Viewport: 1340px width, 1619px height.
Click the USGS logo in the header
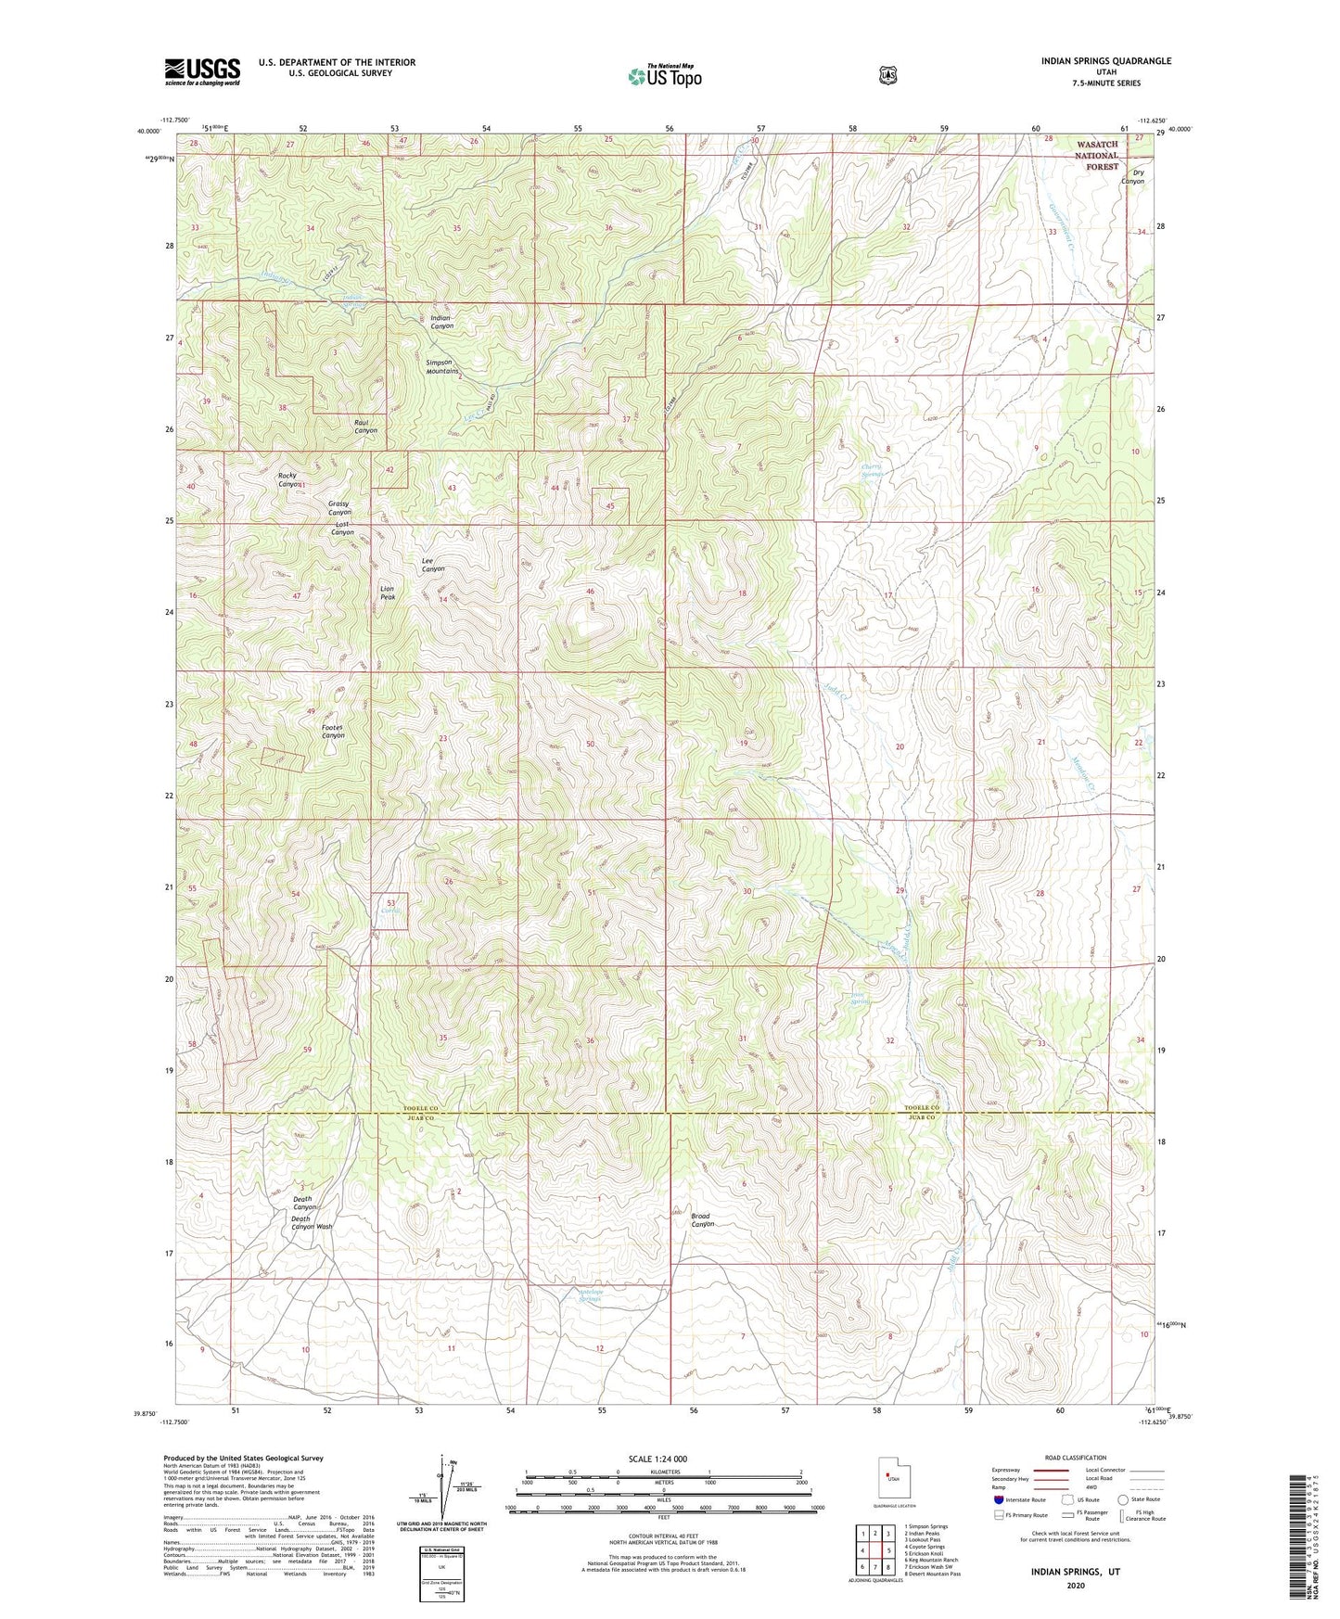coord(202,71)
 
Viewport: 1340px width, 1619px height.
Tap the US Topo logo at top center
coord(664,76)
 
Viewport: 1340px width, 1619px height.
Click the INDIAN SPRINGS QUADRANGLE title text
coord(1105,61)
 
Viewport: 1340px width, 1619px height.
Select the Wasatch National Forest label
coord(1097,156)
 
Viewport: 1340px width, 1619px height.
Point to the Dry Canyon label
coord(1132,177)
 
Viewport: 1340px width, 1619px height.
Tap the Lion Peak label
coord(388,593)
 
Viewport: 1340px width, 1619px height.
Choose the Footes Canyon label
coord(333,731)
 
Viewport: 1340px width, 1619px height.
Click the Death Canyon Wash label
coord(311,1222)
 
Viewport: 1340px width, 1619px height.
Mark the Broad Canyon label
coord(701,1220)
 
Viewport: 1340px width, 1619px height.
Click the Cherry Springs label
coord(871,470)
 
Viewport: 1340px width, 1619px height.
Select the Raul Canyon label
coord(365,426)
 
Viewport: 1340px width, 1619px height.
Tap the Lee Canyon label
coord(432,565)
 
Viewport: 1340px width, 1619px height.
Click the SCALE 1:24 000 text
coord(657,1459)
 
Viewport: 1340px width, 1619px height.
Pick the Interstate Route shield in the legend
coord(998,1499)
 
